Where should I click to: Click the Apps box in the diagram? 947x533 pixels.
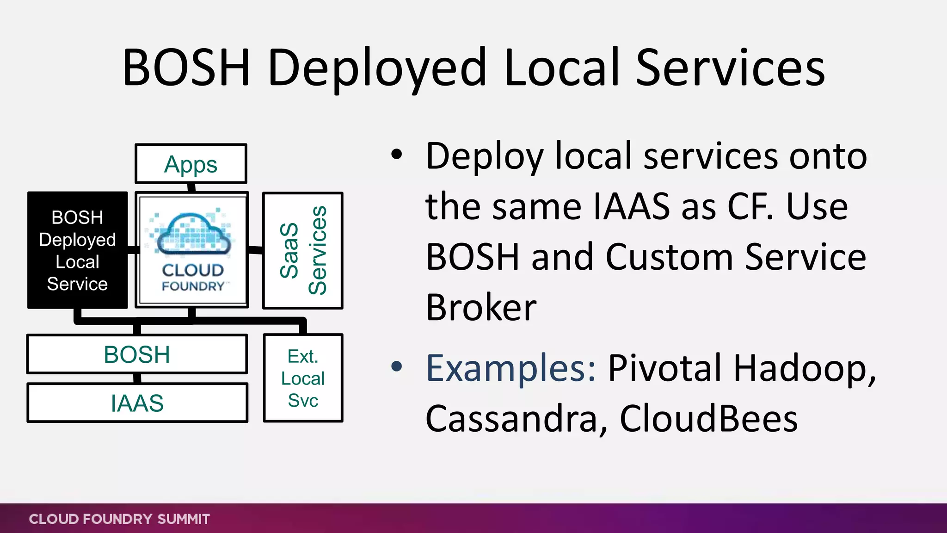click(191, 164)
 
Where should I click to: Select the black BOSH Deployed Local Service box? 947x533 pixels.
click(77, 250)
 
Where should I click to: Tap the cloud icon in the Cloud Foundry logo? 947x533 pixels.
click(193, 234)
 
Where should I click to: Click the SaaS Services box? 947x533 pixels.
click(303, 250)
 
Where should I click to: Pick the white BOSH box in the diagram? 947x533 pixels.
click(137, 354)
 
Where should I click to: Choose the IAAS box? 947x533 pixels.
click(137, 403)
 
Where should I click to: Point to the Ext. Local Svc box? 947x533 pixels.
click(303, 378)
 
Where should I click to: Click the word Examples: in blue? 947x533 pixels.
click(510, 368)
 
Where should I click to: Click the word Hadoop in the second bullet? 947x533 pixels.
click(804, 368)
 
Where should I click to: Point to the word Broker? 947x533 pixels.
click(481, 307)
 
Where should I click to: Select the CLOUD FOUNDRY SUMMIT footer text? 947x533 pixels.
click(119, 519)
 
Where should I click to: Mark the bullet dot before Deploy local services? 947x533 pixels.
click(396, 155)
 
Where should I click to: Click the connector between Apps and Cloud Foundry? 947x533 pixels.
click(191, 188)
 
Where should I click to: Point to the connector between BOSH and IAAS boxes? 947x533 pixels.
click(137, 378)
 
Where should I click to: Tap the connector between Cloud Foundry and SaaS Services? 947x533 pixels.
click(256, 250)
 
